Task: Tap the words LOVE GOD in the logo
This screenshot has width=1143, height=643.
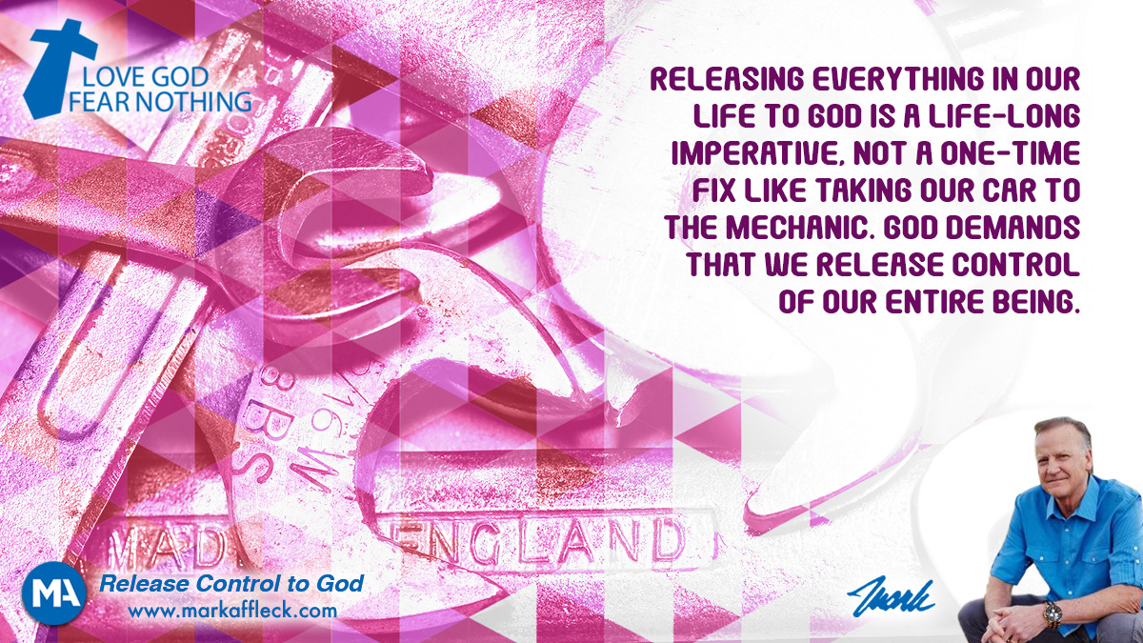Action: (x=146, y=77)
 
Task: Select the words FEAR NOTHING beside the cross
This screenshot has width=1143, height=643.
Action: (x=160, y=101)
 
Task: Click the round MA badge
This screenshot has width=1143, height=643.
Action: (x=53, y=593)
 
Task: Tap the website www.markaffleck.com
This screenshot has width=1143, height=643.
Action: (x=232, y=611)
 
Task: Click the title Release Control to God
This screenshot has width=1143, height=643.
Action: (x=231, y=583)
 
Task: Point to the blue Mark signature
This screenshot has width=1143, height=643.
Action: (x=891, y=594)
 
